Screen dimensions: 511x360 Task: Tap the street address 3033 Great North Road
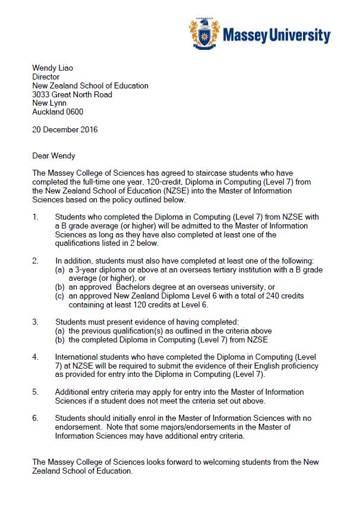(72, 94)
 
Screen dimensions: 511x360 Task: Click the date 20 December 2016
(65, 129)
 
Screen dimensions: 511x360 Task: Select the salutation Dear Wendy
(54, 155)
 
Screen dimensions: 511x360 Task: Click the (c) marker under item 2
(60, 296)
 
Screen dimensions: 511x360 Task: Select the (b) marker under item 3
(60, 339)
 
